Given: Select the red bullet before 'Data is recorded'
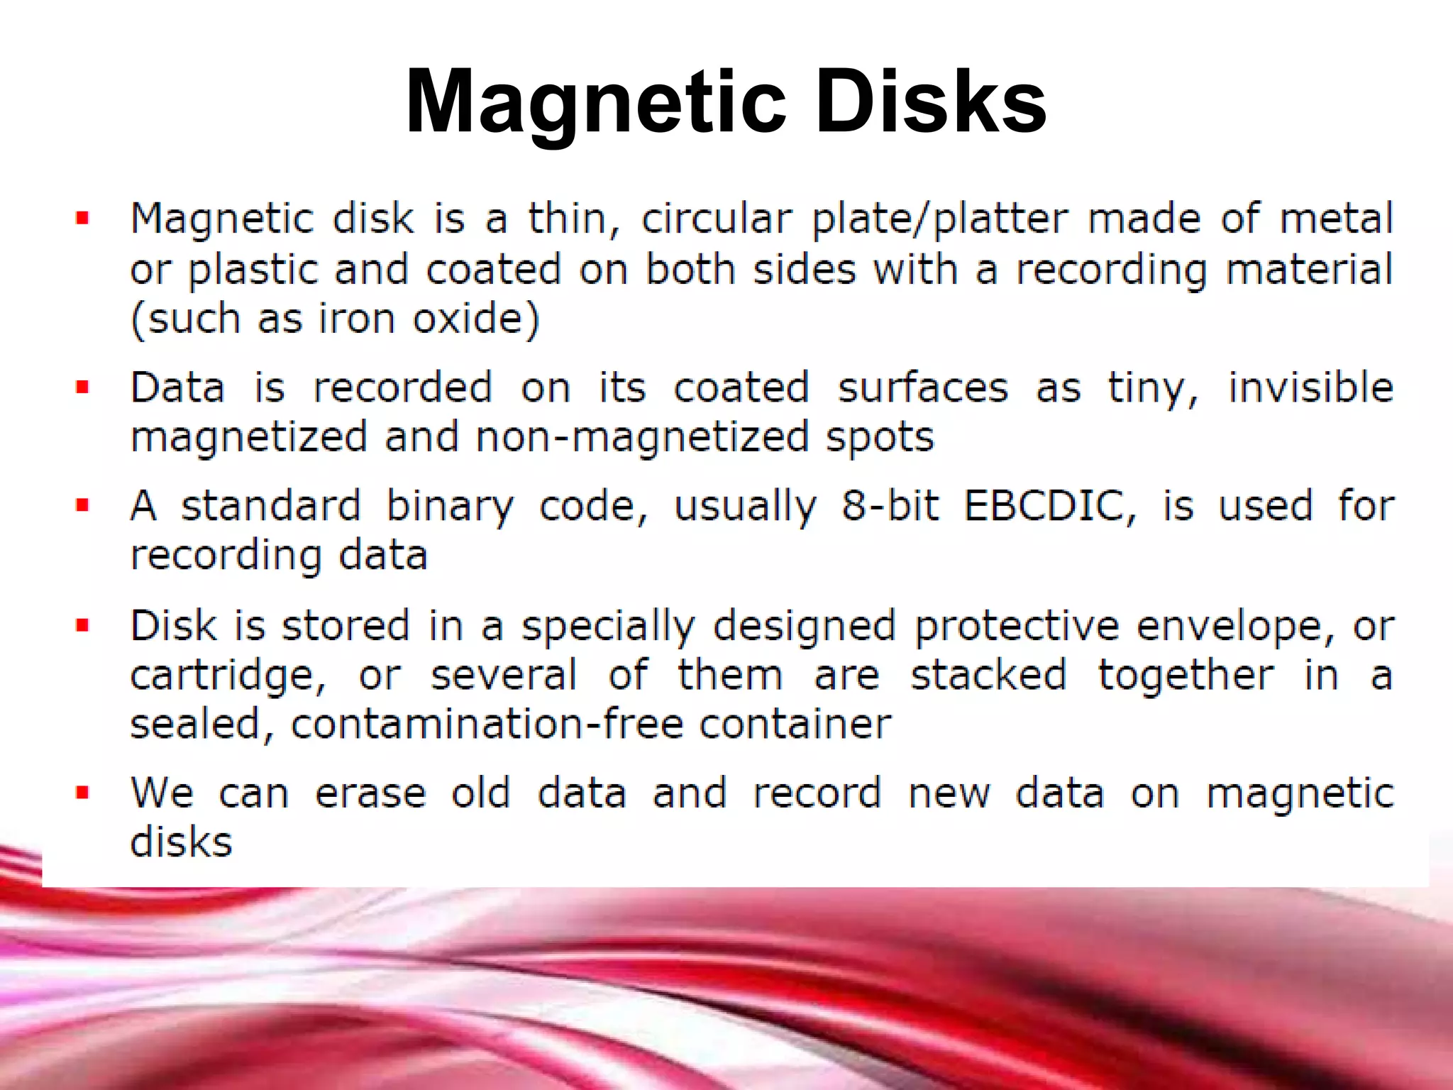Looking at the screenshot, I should pyautogui.click(x=83, y=387).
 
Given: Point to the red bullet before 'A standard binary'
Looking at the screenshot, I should pyautogui.click(x=83, y=505).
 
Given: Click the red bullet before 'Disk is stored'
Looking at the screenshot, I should pyautogui.click(x=83, y=625).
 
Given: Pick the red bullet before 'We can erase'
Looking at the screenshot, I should pyautogui.click(x=83, y=792).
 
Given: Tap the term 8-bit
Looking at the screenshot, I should pyautogui.click(x=890, y=505).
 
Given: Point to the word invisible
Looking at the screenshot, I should pyautogui.click(x=1310, y=387).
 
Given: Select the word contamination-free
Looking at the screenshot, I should pyautogui.click(x=487, y=724).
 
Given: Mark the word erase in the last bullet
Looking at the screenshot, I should pyautogui.click(x=370, y=793).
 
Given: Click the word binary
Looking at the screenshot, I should pyautogui.click(x=449, y=507).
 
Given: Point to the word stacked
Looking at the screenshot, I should pyautogui.click(x=988, y=674).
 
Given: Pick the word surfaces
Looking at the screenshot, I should pyautogui.click(x=922, y=388).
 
